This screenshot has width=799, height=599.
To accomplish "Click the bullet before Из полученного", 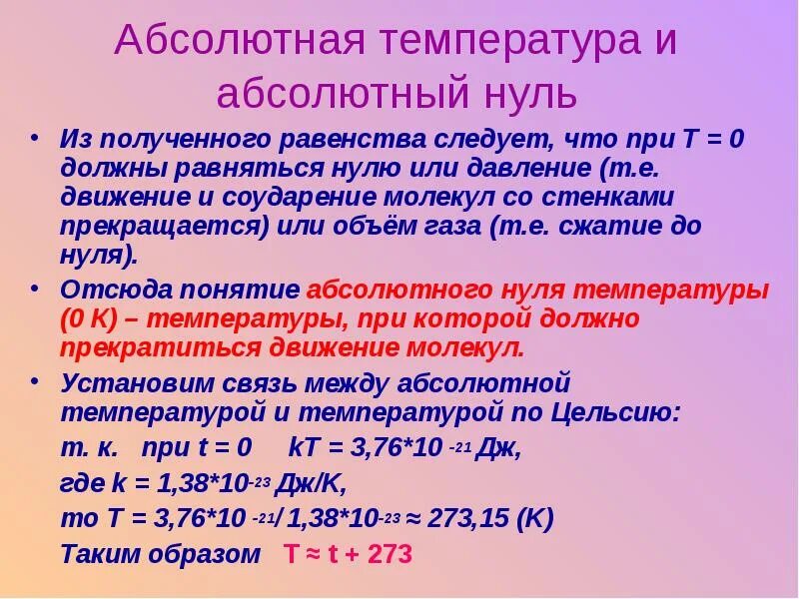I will point(37,138).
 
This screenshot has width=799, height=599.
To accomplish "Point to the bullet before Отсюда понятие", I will point(37,290).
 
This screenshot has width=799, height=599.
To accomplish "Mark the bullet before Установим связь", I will point(37,381).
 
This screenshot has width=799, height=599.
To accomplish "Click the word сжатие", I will point(613,226).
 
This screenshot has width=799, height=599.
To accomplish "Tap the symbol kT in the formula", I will point(303,447).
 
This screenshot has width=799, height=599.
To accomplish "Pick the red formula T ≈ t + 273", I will point(347,555).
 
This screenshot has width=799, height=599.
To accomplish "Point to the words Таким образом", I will point(160,555).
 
